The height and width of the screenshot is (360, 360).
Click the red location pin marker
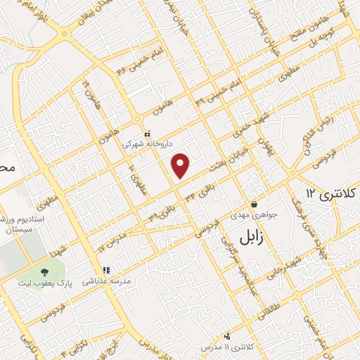[x=181, y=165]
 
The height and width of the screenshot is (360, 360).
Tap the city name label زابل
[x=255, y=237]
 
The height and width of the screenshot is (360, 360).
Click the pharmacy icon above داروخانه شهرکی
[x=148, y=134]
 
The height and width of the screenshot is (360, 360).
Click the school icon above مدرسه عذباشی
[x=105, y=270]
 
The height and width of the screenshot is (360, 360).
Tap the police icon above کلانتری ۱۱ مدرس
[x=227, y=336]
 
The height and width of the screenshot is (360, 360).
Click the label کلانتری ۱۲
[x=332, y=193]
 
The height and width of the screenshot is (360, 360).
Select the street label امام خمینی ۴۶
[x=134, y=61]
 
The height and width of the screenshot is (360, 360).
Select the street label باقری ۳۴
[x=199, y=193]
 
